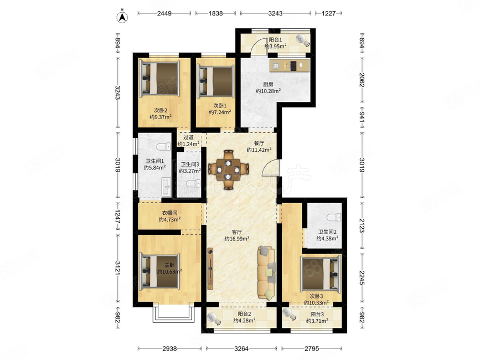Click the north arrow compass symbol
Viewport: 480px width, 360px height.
(x=123, y=16)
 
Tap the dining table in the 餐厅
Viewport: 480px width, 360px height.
(x=228, y=169)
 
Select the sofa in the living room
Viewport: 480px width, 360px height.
(x=266, y=273)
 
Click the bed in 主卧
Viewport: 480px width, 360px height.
(x=159, y=271)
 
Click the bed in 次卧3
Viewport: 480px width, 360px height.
(x=321, y=274)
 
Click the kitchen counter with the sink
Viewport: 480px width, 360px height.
(x=290, y=65)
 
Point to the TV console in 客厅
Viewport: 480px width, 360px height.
(x=210, y=269)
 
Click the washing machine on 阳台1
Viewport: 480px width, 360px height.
(x=302, y=40)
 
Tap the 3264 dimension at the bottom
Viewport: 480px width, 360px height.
(x=241, y=348)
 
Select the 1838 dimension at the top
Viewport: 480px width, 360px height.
(x=215, y=13)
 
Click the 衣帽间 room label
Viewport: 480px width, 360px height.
(x=169, y=213)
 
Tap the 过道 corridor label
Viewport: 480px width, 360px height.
(x=188, y=137)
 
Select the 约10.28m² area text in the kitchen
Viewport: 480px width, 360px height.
(x=269, y=91)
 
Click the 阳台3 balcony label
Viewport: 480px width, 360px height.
(x=317, y=314)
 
